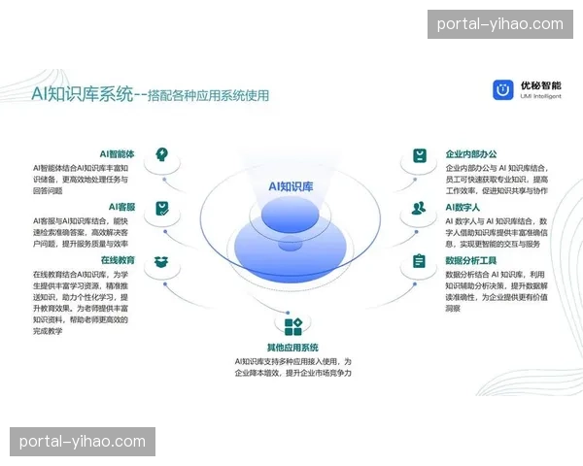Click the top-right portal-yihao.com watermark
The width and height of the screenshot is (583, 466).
pyautogui.click(x=499, y=23)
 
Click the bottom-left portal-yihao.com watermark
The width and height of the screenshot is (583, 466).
pyautogui.click(x=82, y=443)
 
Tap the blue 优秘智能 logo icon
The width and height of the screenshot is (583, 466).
pyautogui.click(x=502, y=89)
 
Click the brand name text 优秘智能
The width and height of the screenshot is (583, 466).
pyautogui.click(x=539, y=84)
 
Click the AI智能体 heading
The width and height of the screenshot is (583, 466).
pyautogui.click(x=116, y=154)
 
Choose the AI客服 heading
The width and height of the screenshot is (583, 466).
pyautogui.click(x=121, y=207)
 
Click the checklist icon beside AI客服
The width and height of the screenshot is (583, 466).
pyautogui.click(x=162, y=208)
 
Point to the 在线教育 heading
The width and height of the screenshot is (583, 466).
pyautogui.click(x=118, y=261)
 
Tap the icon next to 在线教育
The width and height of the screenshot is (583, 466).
pyautogui.click(x=162, y=261)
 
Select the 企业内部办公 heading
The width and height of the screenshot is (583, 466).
pyautogui.click(x=471, y=154)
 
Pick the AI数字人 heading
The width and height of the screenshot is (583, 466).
pyautogui.click(x=463, y=208)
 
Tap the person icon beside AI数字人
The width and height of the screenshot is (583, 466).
pyautogui.click(x=419, y=208)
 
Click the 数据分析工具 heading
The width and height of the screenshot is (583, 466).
pyautogui.click(x=471, y=261)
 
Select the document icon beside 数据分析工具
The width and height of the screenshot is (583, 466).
pyautogui.click(x=419, y=261)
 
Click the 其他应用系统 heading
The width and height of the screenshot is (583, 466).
pyautogui.click(x=292, y=348)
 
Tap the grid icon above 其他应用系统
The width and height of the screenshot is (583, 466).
pyautogui.click(x=292, y=325)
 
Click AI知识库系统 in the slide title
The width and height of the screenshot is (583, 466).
pyautogui.click(x=82, y=95)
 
